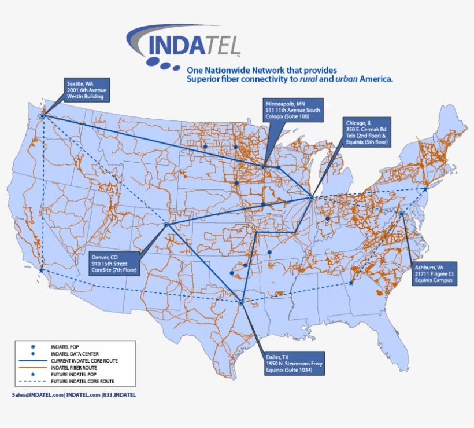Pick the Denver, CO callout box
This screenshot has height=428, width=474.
tap(114, 263)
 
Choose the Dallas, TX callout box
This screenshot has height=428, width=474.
tap(294, 363)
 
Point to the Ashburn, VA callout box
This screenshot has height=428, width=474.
tap(435, 273)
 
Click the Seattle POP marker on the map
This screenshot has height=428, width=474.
tap(42, 116)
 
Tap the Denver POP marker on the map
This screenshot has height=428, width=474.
tap(166, 224)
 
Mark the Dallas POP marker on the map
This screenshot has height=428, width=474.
tap(241, 302)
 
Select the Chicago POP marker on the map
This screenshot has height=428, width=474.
tap(311, 198)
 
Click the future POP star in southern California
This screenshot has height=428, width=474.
tap(40, 270)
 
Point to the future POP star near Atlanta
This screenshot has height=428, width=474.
tap(351, 283)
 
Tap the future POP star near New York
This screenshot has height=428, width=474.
tap(425, 189)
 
